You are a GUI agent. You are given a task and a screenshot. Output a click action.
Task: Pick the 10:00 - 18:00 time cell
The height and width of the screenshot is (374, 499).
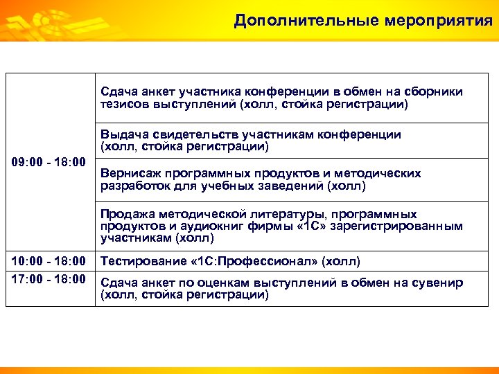(x=49, y=261)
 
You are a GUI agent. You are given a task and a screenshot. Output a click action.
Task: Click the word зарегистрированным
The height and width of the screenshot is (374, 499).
(x=394, y=226)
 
